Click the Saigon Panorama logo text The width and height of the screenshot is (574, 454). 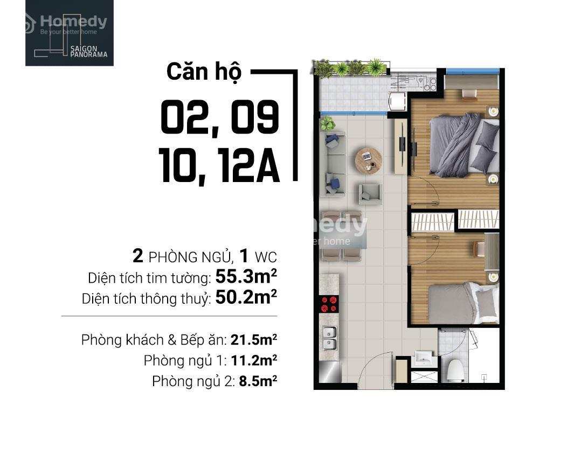pyautogui.click(x=89, y=52)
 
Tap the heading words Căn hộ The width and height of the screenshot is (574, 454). pyautogui.click(x=204, y=72)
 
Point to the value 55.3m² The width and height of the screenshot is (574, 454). pyautogui.click(x=246, y=277)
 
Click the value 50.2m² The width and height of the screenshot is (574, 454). pyautogui.click(x=246, y=297)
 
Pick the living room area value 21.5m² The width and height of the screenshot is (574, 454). pyautogui.click(x=254, y=340)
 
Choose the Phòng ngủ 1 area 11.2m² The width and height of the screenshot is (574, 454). pyautogui.click(x=254, y=360)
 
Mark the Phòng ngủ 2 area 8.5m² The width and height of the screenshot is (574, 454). pyautogui.click(x=258, y=381)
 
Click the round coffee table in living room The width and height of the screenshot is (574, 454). pyautogui.click(x=369, y=160)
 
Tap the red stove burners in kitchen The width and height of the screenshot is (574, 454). pyautogui.click(x=329, y=304)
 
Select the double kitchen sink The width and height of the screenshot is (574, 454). pyautogui.click(x=329, y=338)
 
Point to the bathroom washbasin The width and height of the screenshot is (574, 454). pyautogui.click(x=424, y=358)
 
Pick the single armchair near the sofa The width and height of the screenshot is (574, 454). pyautogui.click(x=370, y=194)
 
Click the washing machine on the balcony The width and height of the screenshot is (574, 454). pyautogui.click(x=397, y=101)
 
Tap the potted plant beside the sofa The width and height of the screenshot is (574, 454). pyautogui.click(x=328, y=123)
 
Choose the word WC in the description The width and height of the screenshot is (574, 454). pyautogui.click(x=266, y=257)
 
